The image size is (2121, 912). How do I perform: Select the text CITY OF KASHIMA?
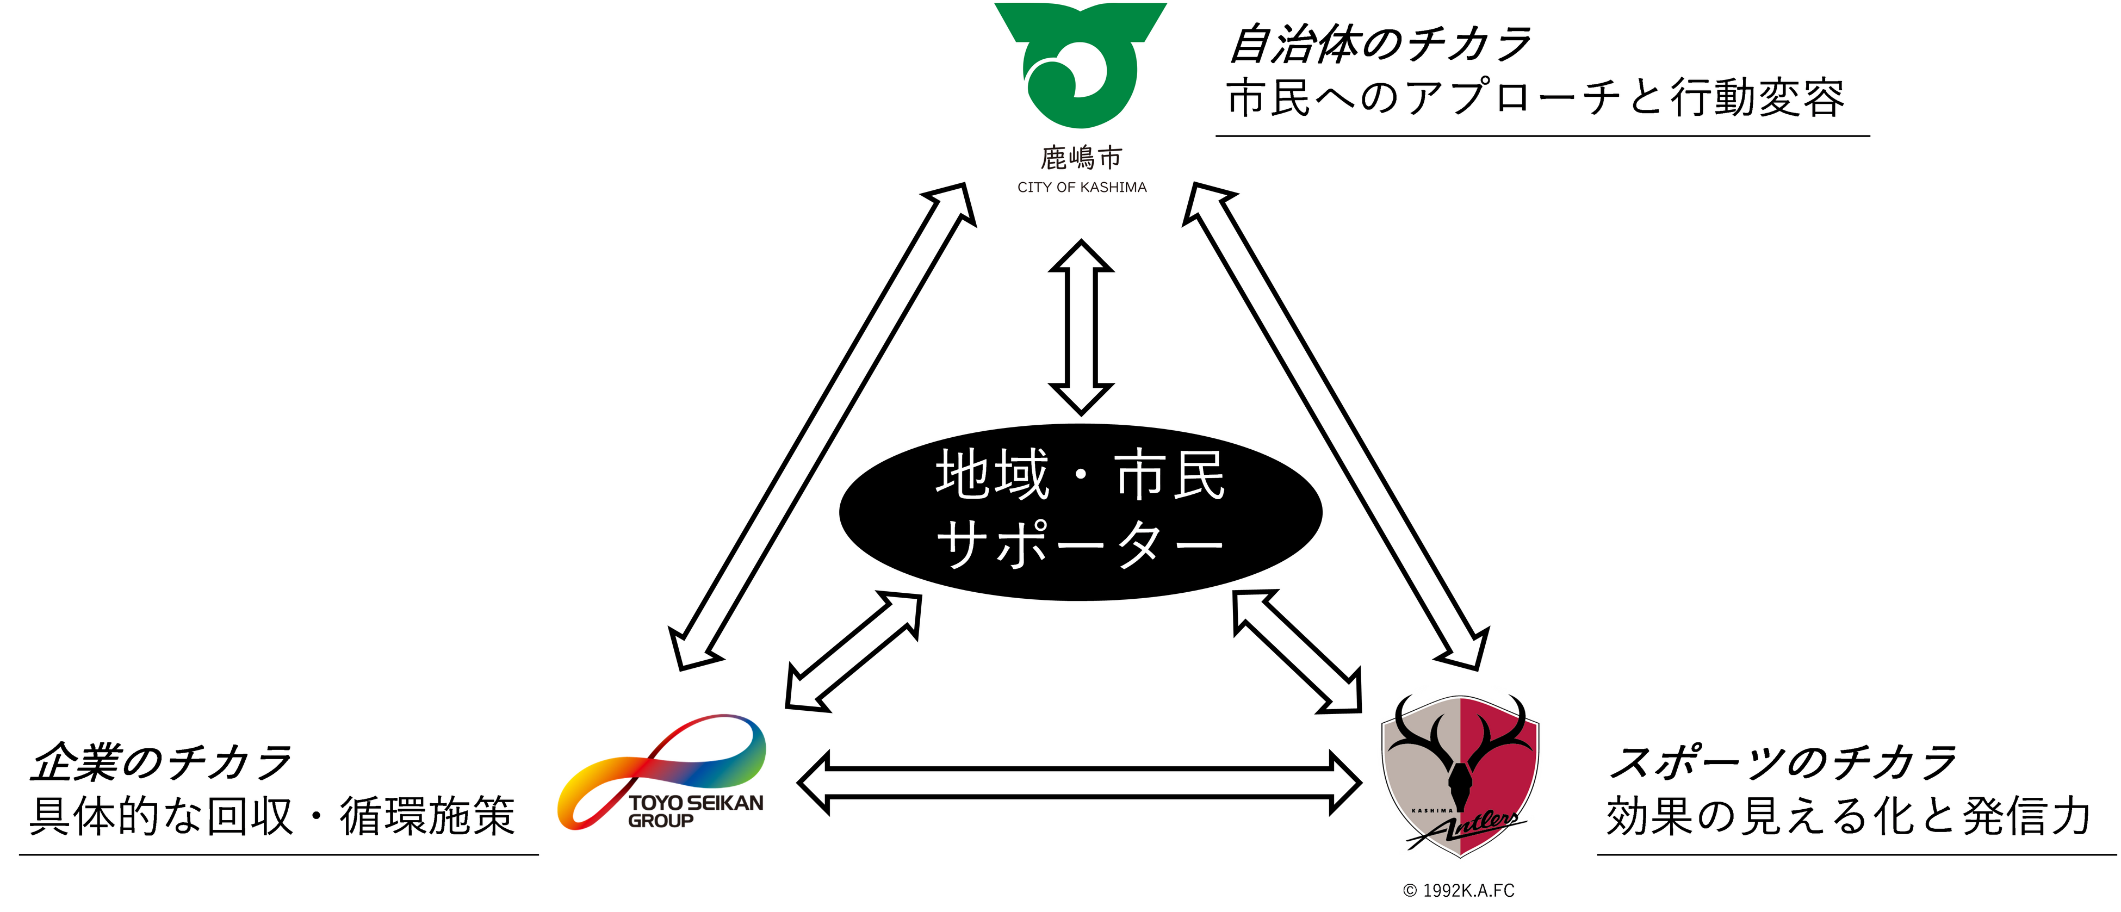point(1081,188)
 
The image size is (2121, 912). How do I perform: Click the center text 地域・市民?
point(1080,475)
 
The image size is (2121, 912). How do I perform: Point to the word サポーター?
point(1080,543)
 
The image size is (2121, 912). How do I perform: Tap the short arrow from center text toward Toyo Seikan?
point(853,650)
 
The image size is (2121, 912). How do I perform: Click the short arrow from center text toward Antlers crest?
point(1298,650)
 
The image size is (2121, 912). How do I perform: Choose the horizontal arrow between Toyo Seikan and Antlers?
point(1078,783)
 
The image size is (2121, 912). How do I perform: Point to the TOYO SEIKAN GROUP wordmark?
point(696,810)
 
